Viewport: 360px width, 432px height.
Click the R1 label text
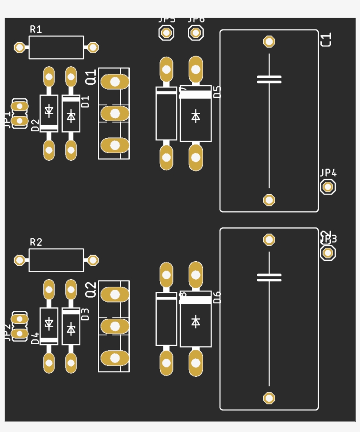click(36, 29)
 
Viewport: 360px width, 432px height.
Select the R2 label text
click(36, 242)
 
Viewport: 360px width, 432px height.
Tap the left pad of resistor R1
click(19, 47)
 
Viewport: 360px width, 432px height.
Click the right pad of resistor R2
click(93, 260)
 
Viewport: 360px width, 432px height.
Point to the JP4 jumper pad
click(328, 187)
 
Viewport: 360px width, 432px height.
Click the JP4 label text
click(328, 173)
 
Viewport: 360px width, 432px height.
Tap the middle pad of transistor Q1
click(115, 113)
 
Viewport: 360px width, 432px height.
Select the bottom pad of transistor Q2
click(115, 358)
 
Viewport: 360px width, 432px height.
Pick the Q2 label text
click(90, 290)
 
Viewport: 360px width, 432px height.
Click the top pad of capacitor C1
click(269, 42)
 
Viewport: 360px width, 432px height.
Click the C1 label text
click(326, 39)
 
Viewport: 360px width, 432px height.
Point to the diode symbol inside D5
click(196, 116)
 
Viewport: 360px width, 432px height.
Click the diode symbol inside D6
click(196, 322)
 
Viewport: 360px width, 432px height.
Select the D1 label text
click(86, 101)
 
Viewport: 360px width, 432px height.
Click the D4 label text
click(36, 338)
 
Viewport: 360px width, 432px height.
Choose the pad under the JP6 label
click(196, 32)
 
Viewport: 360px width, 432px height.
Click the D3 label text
click(86, 314)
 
